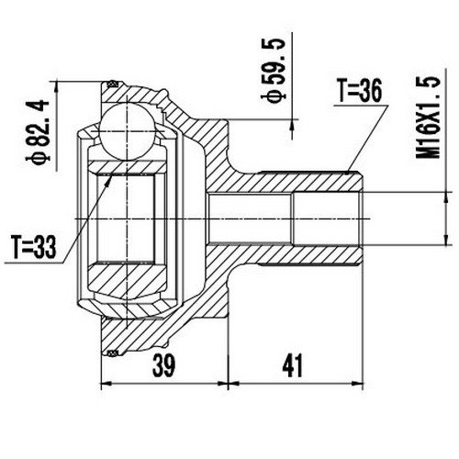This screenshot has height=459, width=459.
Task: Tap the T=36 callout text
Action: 358,90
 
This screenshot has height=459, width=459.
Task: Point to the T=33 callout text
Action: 33,246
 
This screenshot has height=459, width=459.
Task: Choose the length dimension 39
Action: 162,365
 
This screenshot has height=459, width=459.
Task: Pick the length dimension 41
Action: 292,365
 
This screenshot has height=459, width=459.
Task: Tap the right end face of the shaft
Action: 362,218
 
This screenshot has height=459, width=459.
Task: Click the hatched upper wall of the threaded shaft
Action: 294,183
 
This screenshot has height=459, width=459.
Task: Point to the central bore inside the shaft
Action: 275,218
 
